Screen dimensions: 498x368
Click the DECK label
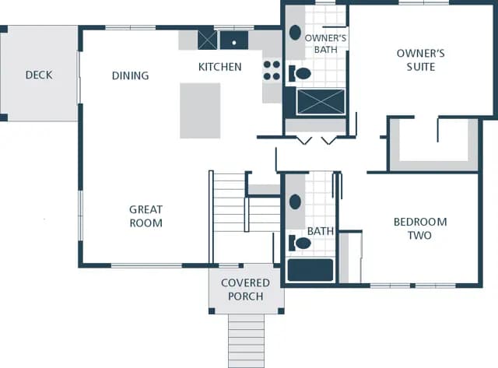[39, 75]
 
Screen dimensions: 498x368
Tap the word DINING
[130, 75]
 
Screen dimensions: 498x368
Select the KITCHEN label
[219, 67]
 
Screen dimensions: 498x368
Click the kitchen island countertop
[200, 110]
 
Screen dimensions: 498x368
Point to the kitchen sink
[234, 40]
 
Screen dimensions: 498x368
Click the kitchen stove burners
[272, 70]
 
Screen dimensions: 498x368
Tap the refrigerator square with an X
[208, 40]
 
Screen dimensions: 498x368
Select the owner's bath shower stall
[321, 102]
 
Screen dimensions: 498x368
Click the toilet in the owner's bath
[300, 74]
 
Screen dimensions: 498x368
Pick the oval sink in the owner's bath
[295, 33]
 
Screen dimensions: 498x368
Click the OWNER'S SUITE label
[420, 60]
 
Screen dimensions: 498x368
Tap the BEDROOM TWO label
[420, 229]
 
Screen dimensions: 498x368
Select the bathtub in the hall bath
[310, 270]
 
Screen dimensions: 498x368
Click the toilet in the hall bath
[300, 244]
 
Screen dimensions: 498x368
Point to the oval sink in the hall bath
[295, 202]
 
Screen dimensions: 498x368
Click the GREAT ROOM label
[146, 216]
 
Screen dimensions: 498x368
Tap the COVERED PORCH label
[246, 289]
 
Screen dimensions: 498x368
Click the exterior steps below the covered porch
[246, 341]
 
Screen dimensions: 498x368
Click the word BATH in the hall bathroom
[321, 231]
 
